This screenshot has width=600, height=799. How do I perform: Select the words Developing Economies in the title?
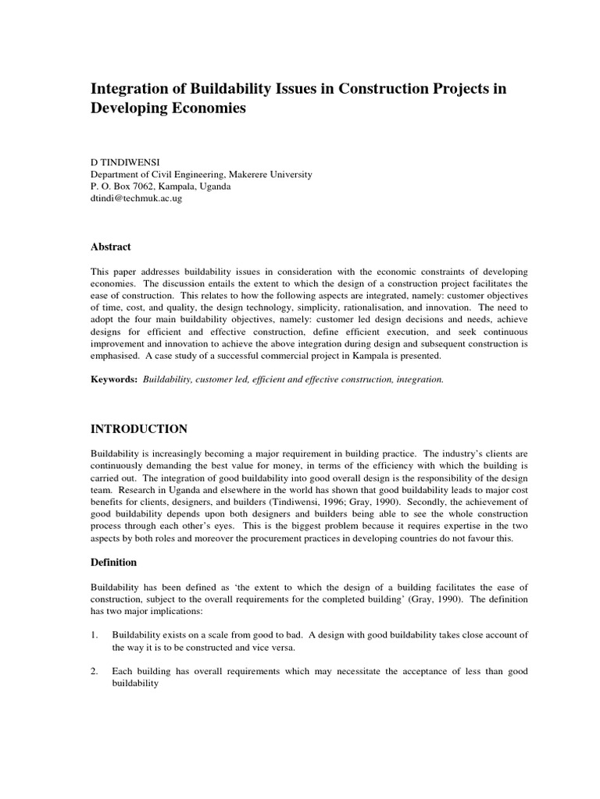tap(169, 109)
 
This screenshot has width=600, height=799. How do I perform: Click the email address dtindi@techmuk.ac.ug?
tap(137, 199)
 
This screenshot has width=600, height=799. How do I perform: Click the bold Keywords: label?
tap(114, 379)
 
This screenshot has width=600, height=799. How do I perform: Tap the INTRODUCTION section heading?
tap(139, 429)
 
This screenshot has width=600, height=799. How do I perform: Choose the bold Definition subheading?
tap(114, 562)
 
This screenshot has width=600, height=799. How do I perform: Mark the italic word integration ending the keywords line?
tap(419, 379)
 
